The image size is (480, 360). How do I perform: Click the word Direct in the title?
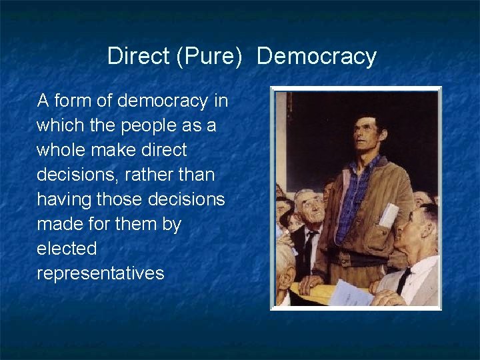pos(138,56)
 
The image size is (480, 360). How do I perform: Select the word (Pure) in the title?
pos(209,57)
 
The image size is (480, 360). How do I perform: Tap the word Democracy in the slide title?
pos(316,56)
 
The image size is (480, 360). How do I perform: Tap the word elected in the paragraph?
pos(67,249)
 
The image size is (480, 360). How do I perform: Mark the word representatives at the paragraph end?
pos(100,273)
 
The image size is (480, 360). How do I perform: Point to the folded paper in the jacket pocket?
pos(389,215)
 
